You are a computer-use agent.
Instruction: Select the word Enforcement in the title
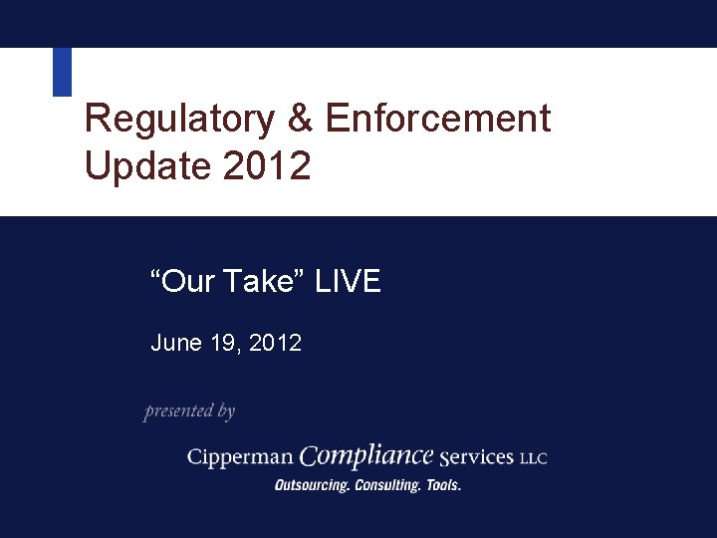(x=437, y=119)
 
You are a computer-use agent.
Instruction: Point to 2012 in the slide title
(x=267, y=165)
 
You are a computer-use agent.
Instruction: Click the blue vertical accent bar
(x=62, y=72)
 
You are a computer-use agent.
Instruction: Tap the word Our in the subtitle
(x=189, y=282)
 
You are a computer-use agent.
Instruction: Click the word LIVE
(x=348, y=282)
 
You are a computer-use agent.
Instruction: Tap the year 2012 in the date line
(x=276, y=344)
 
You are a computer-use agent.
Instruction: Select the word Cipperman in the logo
(x=240, y=457)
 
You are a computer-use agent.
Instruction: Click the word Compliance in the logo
(x=366, y=455)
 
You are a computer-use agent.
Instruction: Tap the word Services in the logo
(x=475, y=457)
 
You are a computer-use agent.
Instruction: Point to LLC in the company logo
(x=533, y=458)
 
